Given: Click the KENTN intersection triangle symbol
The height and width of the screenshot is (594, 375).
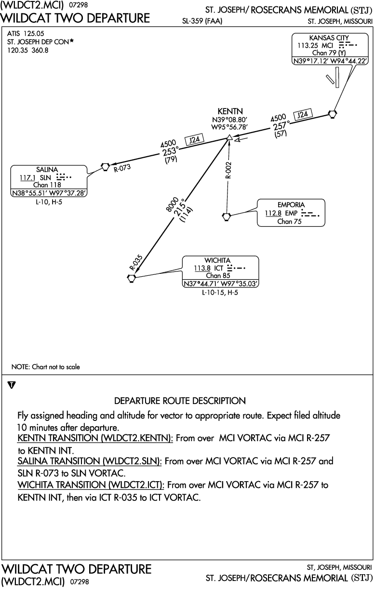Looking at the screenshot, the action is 229,137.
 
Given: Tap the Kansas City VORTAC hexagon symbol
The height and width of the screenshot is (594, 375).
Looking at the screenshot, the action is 332,114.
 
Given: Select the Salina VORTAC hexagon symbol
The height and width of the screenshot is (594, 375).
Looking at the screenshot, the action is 106,167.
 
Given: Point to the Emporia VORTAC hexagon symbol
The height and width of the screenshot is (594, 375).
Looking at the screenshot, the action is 227,216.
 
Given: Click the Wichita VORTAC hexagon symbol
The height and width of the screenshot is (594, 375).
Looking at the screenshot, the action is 132,279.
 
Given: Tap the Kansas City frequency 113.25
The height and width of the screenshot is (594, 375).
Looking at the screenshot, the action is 308,45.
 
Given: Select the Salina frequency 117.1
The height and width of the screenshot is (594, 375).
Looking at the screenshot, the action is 27,177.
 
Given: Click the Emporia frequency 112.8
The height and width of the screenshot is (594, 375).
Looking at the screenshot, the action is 273,213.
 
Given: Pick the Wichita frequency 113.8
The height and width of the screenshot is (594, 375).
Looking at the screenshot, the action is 202,268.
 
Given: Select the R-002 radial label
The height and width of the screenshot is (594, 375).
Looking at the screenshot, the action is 228,170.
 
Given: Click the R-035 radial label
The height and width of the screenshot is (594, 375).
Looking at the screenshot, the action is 136,262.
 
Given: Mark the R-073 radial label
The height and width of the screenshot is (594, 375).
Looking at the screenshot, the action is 122,168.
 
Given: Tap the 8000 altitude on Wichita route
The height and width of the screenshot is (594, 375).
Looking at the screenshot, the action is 172,204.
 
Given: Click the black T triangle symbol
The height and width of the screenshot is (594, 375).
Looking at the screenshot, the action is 12,385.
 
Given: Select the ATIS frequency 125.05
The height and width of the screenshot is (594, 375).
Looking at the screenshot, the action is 34,34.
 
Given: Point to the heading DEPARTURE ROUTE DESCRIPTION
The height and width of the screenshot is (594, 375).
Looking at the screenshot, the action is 180,401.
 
